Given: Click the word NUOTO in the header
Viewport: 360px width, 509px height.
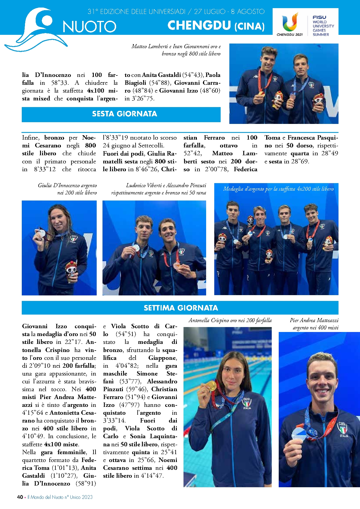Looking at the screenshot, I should [x=89, y=27].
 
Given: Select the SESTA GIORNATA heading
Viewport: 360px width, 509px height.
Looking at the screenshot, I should [x=124, y=114].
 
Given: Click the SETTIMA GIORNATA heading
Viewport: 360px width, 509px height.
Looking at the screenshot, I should [x=181, y=308].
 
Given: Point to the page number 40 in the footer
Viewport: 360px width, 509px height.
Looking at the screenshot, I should [x=20, y=497].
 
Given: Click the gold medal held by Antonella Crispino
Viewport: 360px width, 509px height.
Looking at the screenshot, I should [x=211, y=386].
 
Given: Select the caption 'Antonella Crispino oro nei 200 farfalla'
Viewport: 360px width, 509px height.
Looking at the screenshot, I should [x=230, y=320].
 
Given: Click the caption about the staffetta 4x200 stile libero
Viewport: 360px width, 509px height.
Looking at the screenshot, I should [x=278, y=189].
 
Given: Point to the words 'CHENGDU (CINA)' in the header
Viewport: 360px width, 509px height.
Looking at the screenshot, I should [x=216, y=26].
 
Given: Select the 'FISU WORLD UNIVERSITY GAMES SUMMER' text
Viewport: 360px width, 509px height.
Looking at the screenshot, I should [x=323, y=26].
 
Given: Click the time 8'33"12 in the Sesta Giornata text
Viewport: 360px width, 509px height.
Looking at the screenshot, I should [x=45, y=169].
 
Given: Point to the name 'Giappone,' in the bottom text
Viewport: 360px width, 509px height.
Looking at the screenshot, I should [x=162, y=358].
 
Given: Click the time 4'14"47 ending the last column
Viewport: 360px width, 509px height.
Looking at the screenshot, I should [x=152, y=476].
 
